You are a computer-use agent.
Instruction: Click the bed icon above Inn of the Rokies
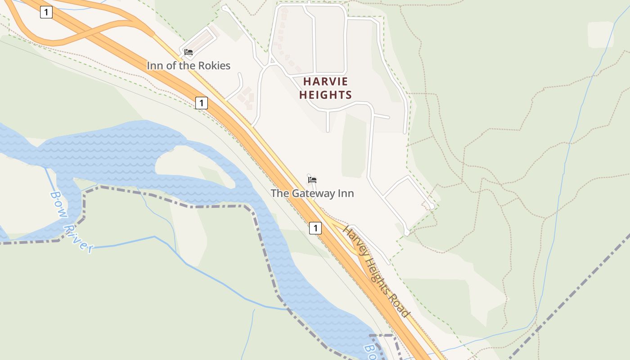tap(189, 52)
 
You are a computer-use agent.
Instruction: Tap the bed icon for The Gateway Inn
tap(312, 180)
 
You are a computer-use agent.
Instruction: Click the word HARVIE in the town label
tap(326, 81)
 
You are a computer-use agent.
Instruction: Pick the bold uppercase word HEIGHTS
tap(325, 95)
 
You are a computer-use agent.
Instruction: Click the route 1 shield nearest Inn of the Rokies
tap(202, 103)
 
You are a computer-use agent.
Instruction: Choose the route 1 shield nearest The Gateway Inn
tap(315, 229)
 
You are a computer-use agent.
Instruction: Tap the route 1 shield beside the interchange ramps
tap(46, 12)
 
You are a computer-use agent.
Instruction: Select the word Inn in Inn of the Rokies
tap(155, 66)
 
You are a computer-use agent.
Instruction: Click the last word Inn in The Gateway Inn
tap(346, 193)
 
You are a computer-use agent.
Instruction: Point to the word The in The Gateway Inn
tap(280, 193)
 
